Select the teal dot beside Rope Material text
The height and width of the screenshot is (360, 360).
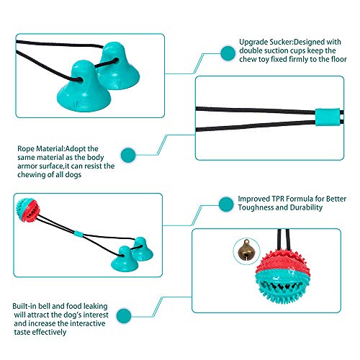tap(128, 155)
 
